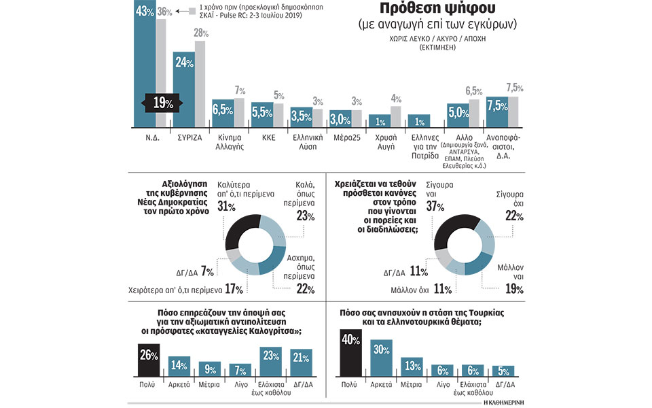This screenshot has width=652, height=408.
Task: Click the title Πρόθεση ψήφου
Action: (437, 10)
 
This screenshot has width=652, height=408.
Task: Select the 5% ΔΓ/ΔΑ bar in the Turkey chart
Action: (503, 371)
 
